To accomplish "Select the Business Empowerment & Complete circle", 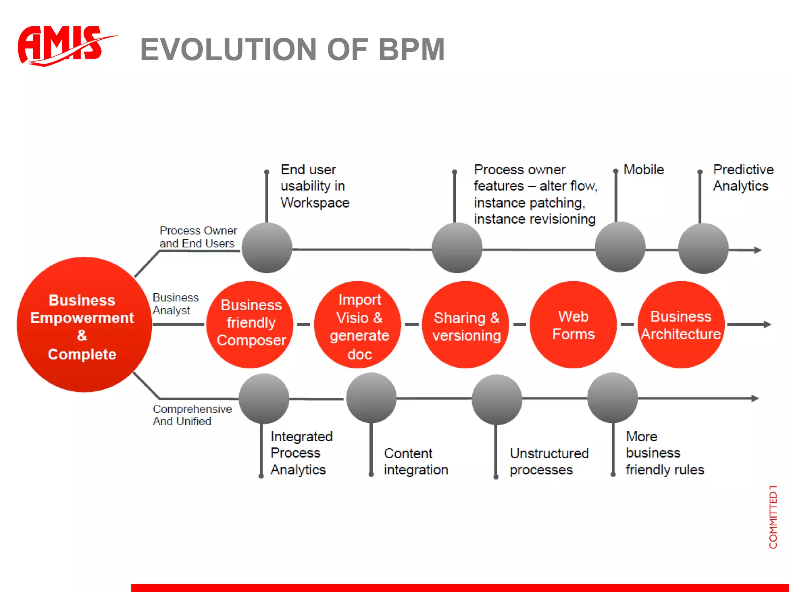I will coord(84,325).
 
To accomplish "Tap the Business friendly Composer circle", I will coord(250,324).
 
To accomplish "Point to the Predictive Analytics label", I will coord(742,178).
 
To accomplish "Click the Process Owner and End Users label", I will coord(198,237).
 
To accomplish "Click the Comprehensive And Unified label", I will coord(192,415).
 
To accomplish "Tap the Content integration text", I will coord(416,461).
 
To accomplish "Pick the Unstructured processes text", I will coord(549,461).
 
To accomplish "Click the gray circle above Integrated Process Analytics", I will coord(264,399).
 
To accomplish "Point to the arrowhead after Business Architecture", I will coord(767,325).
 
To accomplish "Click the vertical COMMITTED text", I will coord(773,516).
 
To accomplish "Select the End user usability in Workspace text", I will coord(314,186).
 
